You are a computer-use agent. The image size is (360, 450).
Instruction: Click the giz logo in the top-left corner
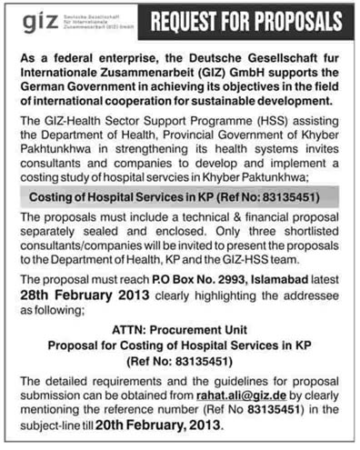tap(29, 21)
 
